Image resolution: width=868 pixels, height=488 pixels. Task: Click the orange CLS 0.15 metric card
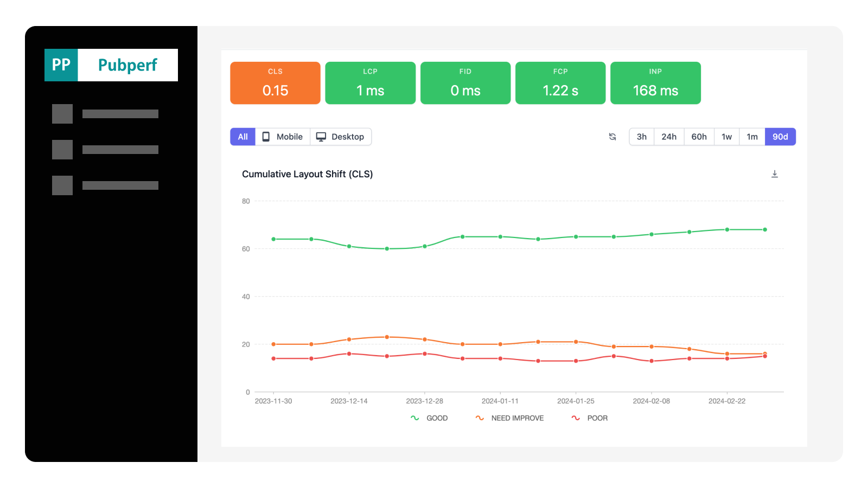click(275, 83)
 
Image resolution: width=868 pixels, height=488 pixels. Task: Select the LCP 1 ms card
click(370, 83)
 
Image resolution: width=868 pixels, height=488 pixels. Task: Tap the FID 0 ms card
click(465, 83)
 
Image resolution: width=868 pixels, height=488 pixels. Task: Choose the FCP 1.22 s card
click(560, 83)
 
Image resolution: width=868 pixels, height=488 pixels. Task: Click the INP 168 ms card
click(655, 83)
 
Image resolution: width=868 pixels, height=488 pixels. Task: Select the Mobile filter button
click(283, 137)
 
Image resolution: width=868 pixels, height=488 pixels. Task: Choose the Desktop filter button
click(341, 137)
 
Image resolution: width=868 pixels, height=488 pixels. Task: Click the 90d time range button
click(780, 137)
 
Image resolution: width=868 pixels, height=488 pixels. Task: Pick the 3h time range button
click(641, 137)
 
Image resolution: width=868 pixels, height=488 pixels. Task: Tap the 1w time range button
click(726, 137)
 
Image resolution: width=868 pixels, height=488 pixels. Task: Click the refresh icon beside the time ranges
click(612, 137)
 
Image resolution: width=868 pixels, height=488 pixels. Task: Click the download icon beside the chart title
click(775, 174)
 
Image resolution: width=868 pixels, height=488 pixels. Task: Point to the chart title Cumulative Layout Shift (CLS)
click(307, 174)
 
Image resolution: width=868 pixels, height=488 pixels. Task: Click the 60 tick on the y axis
click(246, 249)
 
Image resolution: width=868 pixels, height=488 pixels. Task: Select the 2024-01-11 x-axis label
click(500, 401)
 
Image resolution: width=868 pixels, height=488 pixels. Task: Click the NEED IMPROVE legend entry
click(510, 418)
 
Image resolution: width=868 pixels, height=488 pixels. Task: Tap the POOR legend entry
click(590, 418)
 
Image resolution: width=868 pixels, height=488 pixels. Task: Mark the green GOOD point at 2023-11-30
click(273, 239)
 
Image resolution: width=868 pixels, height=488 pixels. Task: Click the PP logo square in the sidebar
click(61, 65)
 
